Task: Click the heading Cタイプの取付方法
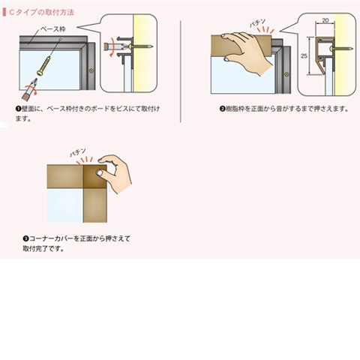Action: click(x=41, y=12)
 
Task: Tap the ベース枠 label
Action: click(x=52, y=29)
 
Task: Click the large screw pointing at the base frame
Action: click(x=44, y=65)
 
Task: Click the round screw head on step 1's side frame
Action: click(x=91, y=71)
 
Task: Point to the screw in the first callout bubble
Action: click(x=140, y=46)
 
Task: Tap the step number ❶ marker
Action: click(x=18, y=109)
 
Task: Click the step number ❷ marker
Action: click(x=222, y=109)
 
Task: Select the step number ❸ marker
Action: click(x=25, y=238)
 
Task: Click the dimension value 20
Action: click(x=325, y=20)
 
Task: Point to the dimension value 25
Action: click(x=304, y=56)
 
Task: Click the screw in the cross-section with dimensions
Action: click(x=341, y=49)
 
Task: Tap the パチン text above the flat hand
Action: click(x=258, y=23)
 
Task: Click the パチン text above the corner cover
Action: click(x=78, y=153)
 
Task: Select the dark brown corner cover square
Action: click(x=95, y=176)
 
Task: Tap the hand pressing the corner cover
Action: click(x=115, y=172)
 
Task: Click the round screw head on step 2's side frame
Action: click(x=286, y=74)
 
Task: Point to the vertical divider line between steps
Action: click(x=181, y=71)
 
